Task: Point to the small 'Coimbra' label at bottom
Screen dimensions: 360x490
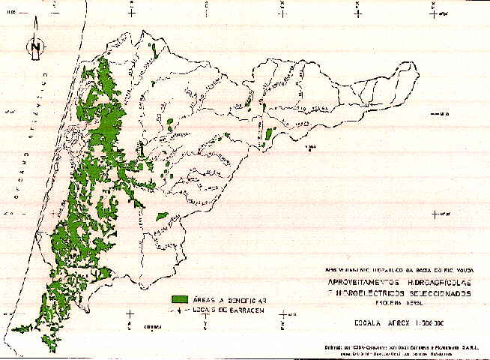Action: coord(153,327)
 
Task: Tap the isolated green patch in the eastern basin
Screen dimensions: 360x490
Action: coord(268,136)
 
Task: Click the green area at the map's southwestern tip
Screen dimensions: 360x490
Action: coord(22,327)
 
